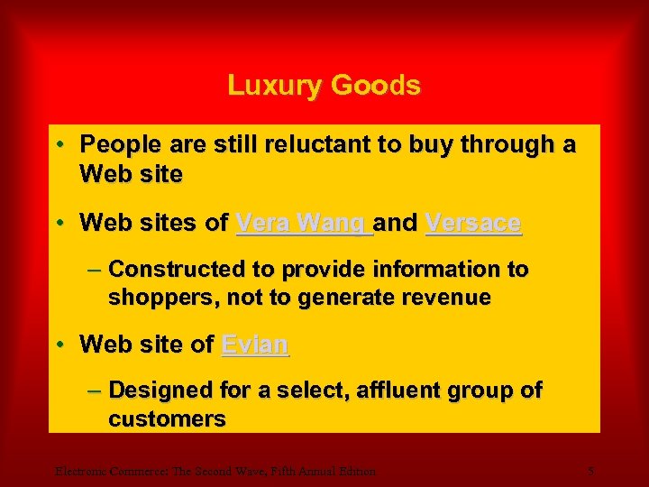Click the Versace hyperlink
point(472,223)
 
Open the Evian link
point(255,344)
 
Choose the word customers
point(167,419)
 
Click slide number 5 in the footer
point(590,470)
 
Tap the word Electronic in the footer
point(80,470)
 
